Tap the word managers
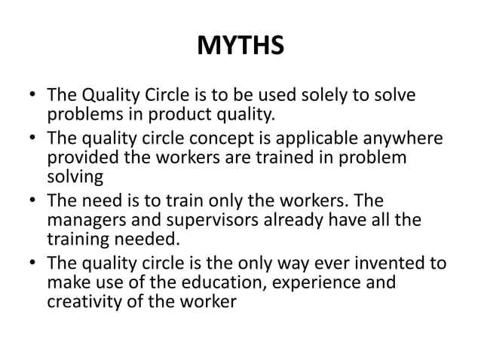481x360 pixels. pos(81,219)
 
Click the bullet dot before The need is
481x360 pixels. pos(34,201)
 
